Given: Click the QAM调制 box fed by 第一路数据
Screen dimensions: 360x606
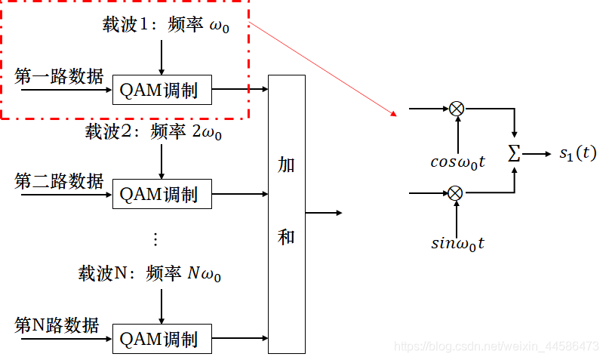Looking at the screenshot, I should (x=162, y=91).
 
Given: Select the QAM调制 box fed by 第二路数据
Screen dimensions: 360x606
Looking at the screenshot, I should (x=162, y=194).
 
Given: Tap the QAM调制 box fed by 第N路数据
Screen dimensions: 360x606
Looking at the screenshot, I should (x=162, y=338).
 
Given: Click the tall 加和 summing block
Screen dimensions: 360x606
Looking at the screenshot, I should (x=287, y=214).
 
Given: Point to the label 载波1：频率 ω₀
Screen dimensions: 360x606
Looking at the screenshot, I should (x=166, y=24).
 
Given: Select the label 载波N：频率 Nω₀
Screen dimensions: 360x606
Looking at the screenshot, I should (x=150, y=272).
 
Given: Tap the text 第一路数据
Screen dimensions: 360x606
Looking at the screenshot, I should (x=58, y=75).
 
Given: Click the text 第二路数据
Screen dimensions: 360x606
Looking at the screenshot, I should (x=58, y=181).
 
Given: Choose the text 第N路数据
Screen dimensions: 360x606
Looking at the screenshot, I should (x=57, y=325).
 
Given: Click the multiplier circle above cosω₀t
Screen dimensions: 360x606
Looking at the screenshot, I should (x=456, y=109).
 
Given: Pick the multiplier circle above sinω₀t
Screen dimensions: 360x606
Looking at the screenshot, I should (x=456, y=193).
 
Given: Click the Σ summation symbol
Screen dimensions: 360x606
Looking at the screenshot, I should (x=515, y=154).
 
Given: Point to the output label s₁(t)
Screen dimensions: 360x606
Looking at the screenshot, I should (x=577, y=154).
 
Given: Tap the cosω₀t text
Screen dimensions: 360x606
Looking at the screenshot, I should (x=457, y=162).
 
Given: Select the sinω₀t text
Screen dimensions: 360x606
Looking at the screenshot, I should (x=457, y=243).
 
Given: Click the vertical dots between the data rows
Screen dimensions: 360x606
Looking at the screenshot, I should (x=156, y=239).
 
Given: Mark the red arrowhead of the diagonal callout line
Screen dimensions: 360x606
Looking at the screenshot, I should (x=393, y=114).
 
